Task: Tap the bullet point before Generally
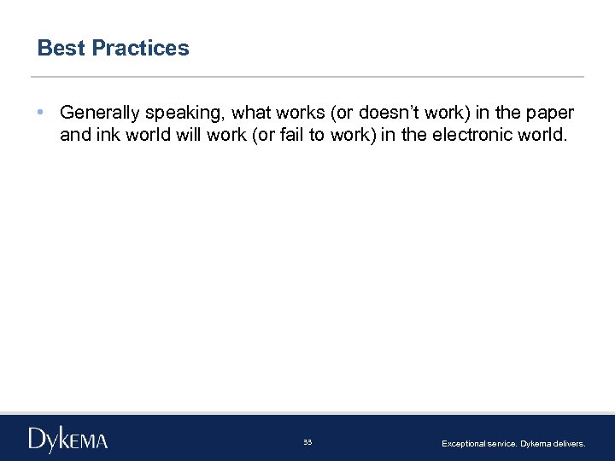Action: (41, 113)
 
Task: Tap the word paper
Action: (551, 114)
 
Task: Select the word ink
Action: (102, 134)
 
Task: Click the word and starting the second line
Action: (73, 134)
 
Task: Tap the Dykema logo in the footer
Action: (68, 440)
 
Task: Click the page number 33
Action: (307, 442)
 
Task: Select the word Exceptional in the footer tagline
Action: (462, 444)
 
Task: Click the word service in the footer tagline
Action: (502, 444)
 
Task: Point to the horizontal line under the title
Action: (307, 77)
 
